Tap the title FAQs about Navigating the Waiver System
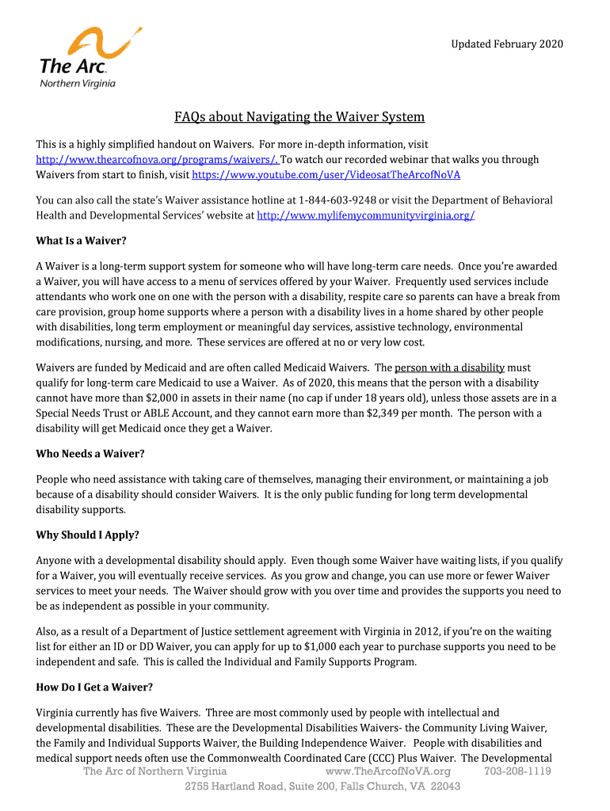[299, 117]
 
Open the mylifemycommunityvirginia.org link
[366, 215]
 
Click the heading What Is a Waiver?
[82, 241]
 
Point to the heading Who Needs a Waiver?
[91, 454]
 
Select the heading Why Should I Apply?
[88, 535]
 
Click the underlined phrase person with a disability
[449, 367]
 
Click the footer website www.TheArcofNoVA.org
[388, 771]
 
